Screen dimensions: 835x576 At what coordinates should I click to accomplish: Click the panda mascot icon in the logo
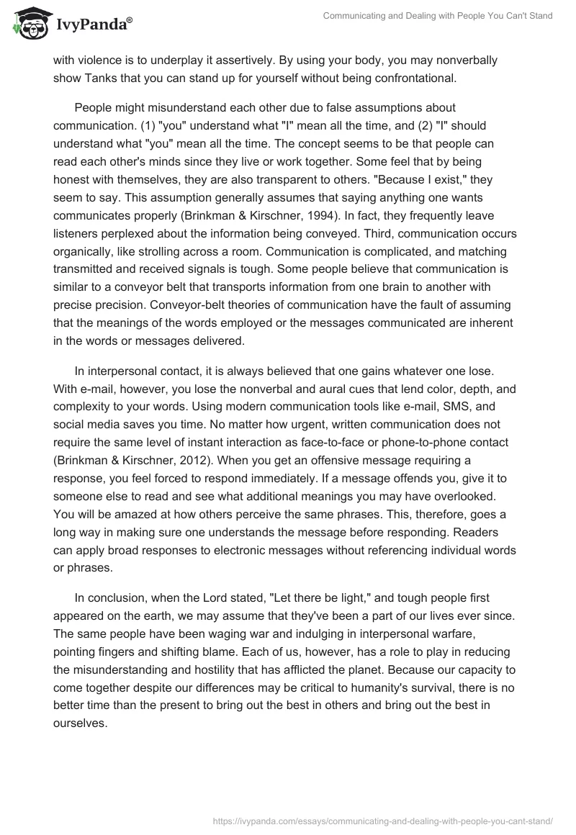coord(28,24)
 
